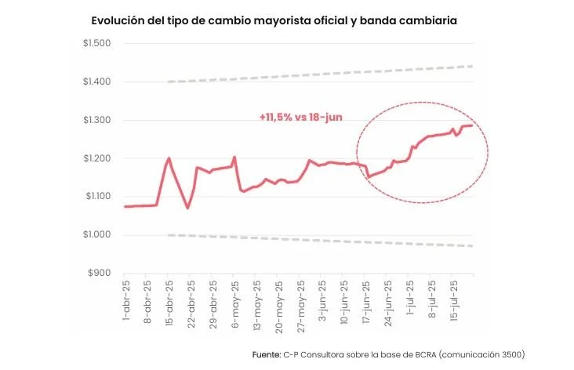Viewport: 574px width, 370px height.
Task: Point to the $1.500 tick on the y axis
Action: click(x=97, y=42)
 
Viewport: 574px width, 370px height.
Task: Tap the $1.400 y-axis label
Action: click(x=97, y=82)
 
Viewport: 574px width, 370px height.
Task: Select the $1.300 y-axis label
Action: click(x=97, y=120)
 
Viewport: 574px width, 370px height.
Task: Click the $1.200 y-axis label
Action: click(x=97, y=158)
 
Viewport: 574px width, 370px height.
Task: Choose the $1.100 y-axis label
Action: click(x=97, y=197)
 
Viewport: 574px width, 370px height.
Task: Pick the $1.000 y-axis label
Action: click(x=97, y=235)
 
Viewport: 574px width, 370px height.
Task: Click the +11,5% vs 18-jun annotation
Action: click(x=300, y=117)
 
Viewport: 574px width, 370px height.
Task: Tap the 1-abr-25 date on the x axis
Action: click(x=126, y=302)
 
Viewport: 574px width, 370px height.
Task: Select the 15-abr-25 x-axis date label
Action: click(x=170, y=302)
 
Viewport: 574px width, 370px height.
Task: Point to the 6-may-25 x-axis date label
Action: click(x=235, y=302)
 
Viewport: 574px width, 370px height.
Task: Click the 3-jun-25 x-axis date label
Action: click(x=323, y=302)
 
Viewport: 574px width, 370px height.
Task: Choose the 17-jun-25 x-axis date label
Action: click(x=367, y=302)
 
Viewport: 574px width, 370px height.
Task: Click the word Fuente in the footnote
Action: click(x=265, y=355)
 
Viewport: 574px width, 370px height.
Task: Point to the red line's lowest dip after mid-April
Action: click(x=187, y=208)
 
